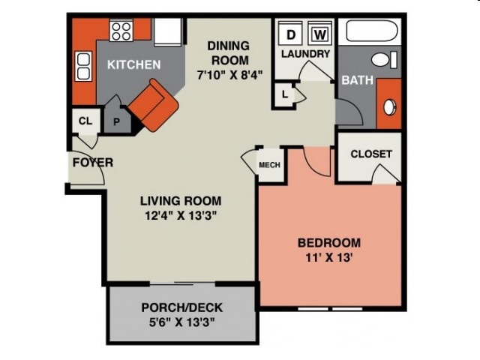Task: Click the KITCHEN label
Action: point(133,64)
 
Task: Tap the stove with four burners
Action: point(121,31)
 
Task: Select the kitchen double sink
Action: point(83,67)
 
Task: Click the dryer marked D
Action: point(291,34)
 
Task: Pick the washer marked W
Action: point(319,34)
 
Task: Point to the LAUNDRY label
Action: point(305,54)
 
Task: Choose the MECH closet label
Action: point(269,165)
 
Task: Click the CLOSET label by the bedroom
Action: point(370,154)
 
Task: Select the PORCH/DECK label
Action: point(181,307)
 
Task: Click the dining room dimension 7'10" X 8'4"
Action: point(229,74)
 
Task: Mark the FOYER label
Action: point(92,162)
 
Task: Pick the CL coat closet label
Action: point(85,120)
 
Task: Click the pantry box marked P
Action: point(116,121)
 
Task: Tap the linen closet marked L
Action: point(286,94)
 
